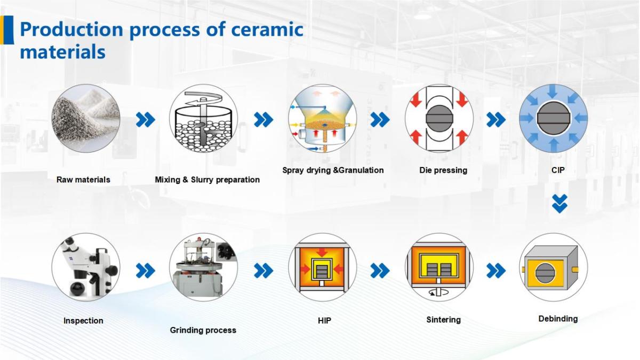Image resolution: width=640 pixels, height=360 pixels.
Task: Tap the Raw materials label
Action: click(83, 180)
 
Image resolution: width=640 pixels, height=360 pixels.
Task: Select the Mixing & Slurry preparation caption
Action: click(207, 180)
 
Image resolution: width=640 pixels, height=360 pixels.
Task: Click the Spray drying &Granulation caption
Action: click(333, 170)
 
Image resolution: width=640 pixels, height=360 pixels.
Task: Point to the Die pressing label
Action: click(443, 170)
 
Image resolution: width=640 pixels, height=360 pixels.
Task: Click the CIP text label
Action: click(558, 170)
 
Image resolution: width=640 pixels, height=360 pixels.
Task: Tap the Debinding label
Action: click(558, 318)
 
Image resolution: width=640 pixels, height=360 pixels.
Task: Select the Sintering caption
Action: click(443, 320)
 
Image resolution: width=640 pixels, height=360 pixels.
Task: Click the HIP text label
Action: click(324, 321)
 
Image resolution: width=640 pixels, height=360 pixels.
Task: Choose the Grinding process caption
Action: click(203, 330)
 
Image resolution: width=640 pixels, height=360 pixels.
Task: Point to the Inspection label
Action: click(83, 321)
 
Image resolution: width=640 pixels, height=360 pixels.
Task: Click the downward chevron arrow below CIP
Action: click(559, 204)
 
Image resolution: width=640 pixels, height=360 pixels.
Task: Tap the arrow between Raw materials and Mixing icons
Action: click(145, 119)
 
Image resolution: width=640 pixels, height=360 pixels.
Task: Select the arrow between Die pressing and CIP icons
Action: click(495, 119)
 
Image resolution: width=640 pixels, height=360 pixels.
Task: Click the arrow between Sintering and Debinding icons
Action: click(495, 271)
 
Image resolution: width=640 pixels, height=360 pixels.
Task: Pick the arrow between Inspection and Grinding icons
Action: click(145, 271)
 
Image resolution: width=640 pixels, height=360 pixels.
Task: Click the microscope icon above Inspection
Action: click(85, 267)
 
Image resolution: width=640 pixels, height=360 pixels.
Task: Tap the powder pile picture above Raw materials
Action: click(85, 118)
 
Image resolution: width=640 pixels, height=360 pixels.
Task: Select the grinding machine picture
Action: click(203, 267)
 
